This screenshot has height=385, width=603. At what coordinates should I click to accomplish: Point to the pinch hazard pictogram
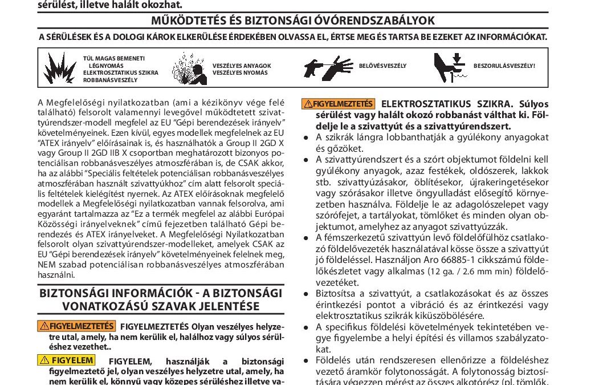coord(450,67)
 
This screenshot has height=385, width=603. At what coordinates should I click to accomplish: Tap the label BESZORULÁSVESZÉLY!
coord(504,66)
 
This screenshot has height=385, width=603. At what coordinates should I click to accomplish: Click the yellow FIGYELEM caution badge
coord(67,360)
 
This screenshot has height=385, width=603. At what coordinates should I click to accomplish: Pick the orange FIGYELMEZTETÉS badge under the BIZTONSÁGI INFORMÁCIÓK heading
coord(76,327)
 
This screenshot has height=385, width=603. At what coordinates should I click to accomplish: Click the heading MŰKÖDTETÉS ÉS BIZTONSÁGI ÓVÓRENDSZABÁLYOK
coord(292,21)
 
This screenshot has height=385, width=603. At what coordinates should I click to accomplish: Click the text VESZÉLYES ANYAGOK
coord(242,66)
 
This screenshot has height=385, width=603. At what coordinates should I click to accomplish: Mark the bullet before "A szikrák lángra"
coord(307,137)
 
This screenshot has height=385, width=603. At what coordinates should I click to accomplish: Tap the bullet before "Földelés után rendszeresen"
coord(307,360)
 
